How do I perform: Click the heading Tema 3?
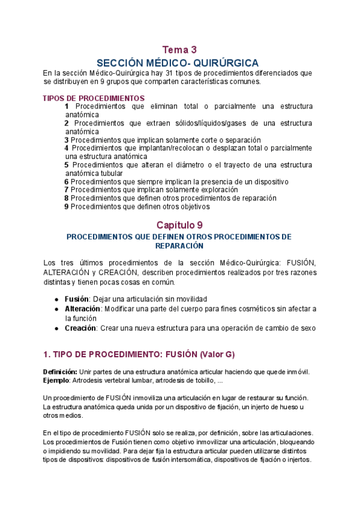(179, 50)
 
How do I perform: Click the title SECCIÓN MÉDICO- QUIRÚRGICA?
(178, 63)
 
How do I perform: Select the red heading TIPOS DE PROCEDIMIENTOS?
(94, 98)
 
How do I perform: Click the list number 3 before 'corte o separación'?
(67, 140)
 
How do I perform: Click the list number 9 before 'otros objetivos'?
(67, 206)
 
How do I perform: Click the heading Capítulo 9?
(179, 226)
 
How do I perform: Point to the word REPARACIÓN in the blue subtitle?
(179, 246)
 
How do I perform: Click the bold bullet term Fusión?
(76, 299)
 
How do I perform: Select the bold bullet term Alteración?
(83, 309)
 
